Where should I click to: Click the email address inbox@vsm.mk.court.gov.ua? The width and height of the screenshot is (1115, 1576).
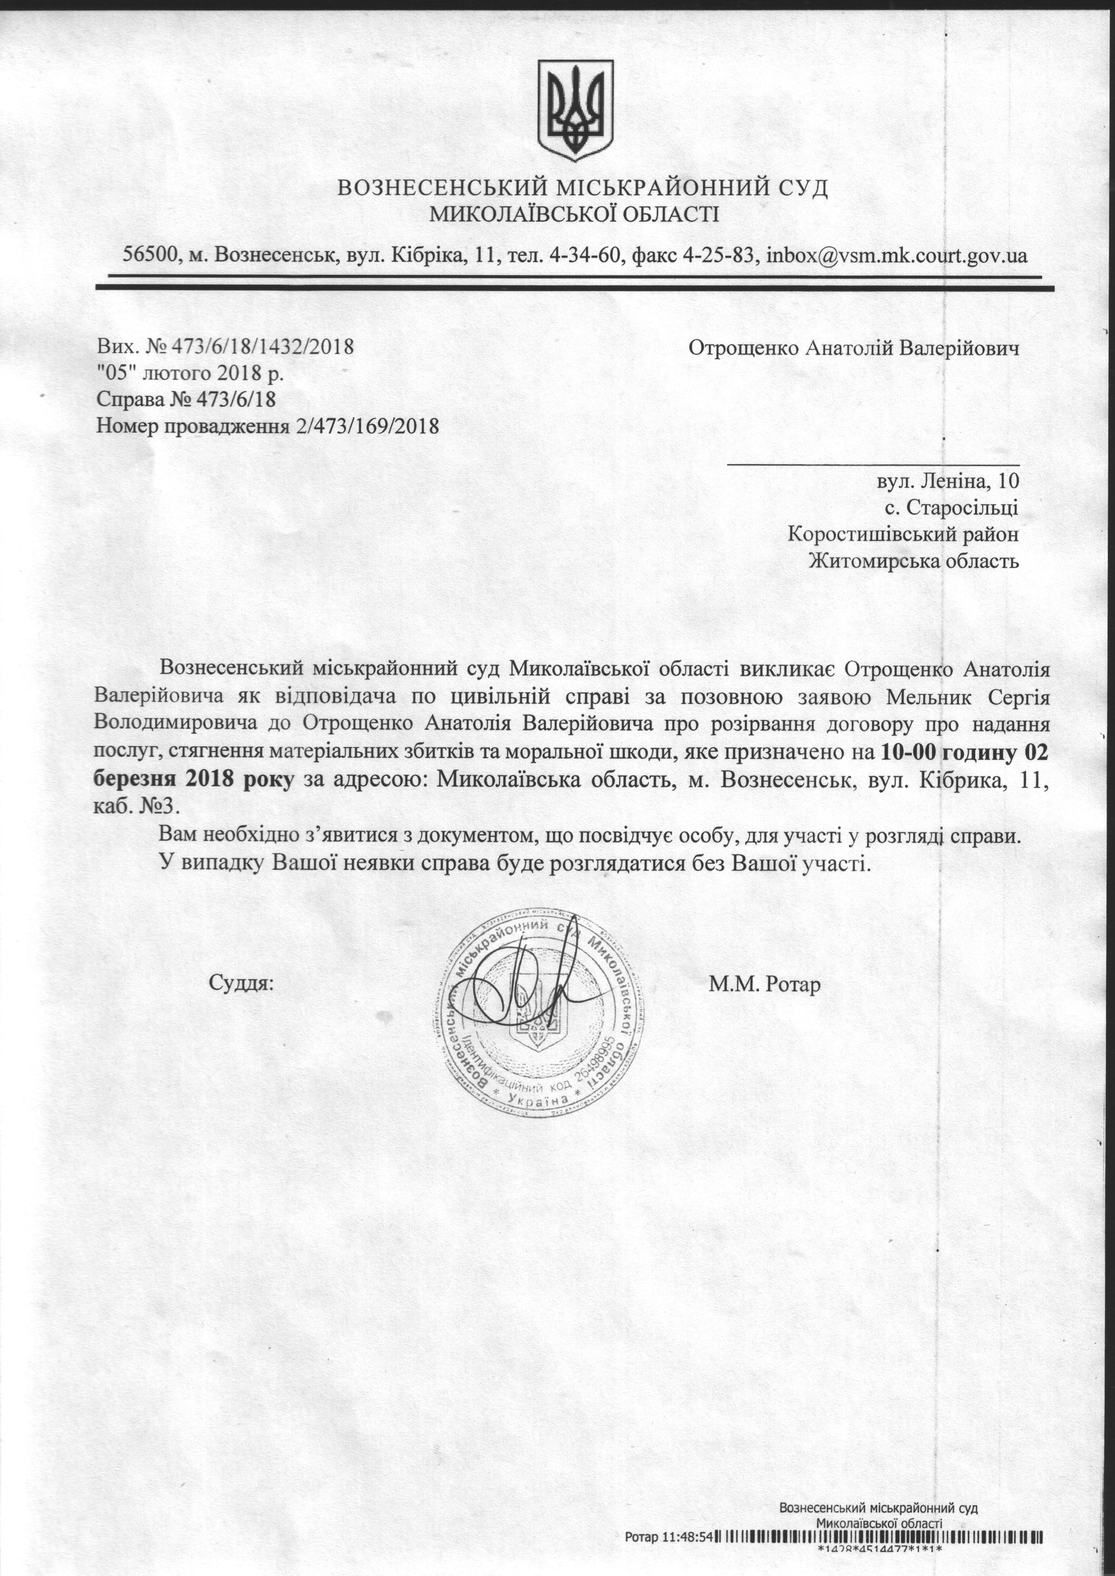(x=896, y=255)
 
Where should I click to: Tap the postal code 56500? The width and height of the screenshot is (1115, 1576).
(x=150, y=255)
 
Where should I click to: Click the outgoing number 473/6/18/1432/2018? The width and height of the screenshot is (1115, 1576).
(x=254, y=346)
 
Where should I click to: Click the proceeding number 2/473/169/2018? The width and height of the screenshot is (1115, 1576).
(x=366, y=426)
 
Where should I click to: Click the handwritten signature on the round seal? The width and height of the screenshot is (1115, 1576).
(x=535, y=989)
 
